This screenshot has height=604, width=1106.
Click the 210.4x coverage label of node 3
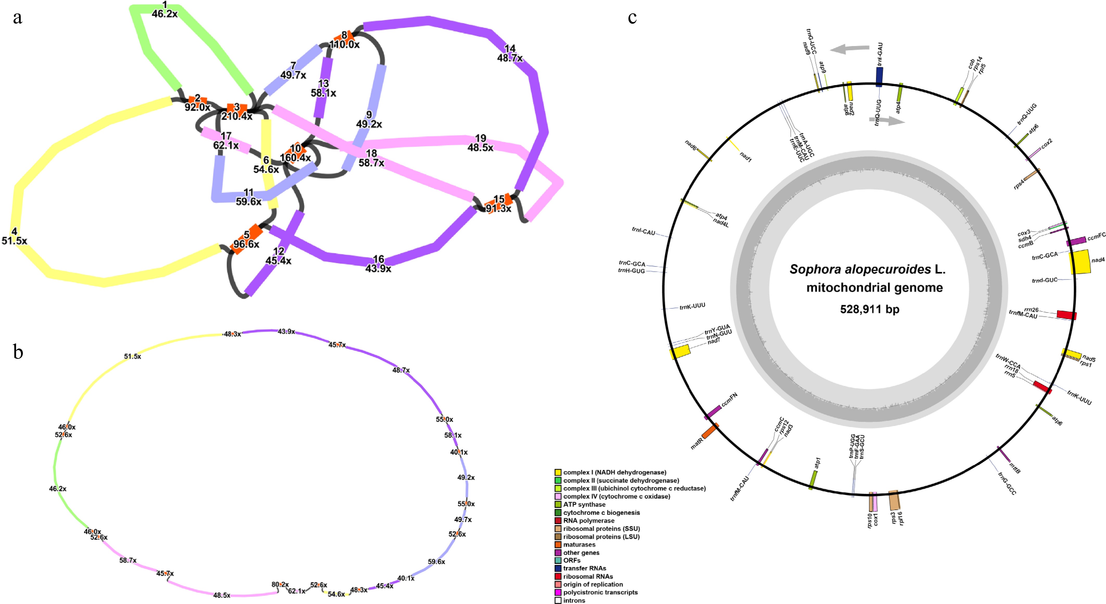tap(236, 116)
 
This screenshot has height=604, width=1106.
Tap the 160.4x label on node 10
tap(295, 158)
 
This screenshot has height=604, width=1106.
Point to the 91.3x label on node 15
tap(498, 209)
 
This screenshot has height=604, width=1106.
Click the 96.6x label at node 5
tap(246, 244)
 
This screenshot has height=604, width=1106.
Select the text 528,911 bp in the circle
tap(870, 309)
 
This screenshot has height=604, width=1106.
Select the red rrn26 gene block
tap(1066, 315)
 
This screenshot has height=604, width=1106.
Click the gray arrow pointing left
tap(849, 49)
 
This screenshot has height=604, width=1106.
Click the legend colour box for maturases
tap(558, 545)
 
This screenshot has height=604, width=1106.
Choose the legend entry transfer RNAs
tap(584, 568)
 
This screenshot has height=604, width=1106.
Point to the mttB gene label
tap(1014, 468)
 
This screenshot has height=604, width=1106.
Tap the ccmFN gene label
tap(729, 399)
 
